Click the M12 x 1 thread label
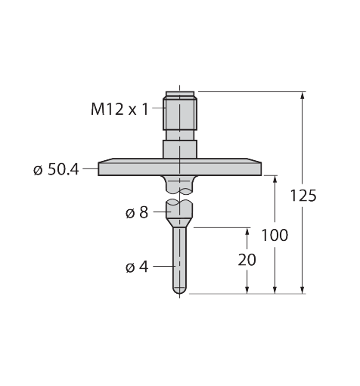click(119, 110)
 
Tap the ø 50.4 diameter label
click(56, 170)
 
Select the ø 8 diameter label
click(137, 213)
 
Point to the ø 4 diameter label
click(137, 267)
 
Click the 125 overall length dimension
click(303, 196)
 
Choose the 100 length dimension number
click(275, 235)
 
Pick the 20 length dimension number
click(247, 260)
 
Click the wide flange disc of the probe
click(180, 167)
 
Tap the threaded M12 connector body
click(180, 114)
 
